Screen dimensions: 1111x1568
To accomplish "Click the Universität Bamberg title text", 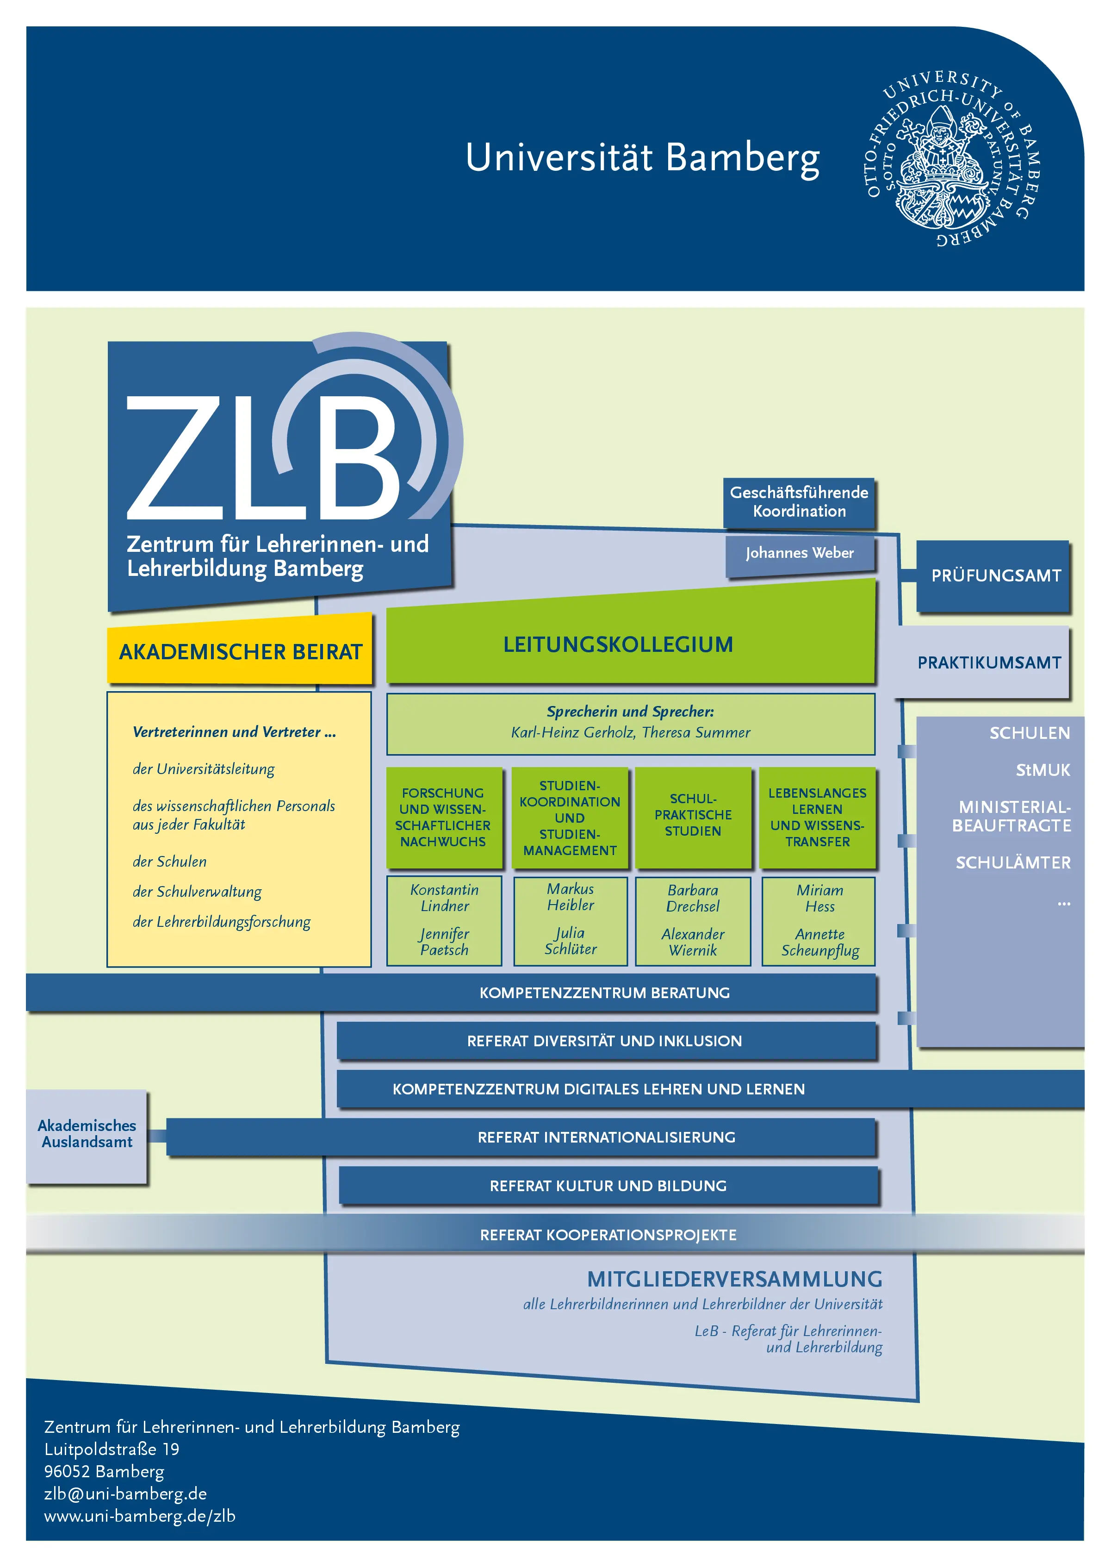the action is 642,158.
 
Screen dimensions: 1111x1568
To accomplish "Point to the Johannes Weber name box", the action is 800,553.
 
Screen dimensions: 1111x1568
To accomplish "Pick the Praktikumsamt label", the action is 989,662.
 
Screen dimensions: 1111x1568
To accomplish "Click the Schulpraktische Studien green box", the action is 693,817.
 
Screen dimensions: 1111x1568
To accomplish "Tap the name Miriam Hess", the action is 819,898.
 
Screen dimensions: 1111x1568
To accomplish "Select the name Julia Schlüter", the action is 571,940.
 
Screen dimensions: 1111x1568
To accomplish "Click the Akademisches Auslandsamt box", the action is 87,1136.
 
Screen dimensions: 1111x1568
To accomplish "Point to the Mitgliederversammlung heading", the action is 735,1279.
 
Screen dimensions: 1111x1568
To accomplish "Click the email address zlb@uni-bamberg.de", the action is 125,1493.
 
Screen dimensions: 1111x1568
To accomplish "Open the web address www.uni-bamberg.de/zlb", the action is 140,1516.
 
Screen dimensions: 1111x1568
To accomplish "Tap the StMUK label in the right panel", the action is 1043,770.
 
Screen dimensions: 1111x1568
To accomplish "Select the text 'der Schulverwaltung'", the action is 197,891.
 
